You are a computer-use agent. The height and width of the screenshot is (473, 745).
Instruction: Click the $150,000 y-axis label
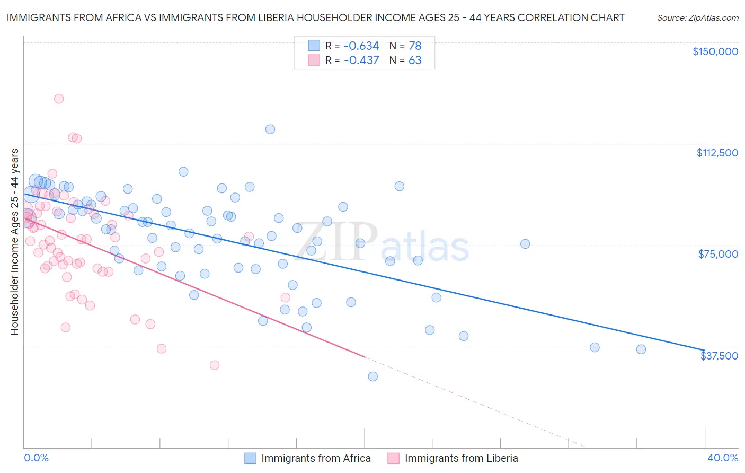click(x=715, y=51)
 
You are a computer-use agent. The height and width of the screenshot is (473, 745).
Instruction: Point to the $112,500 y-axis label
click(x=717, y=153)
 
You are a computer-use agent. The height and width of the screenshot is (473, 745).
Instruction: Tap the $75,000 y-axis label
click(x=718, y=254)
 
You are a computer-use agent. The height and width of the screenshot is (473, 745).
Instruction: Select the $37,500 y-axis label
click(x=719, y=356)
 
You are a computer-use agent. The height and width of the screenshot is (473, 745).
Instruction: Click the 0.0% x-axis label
click(x=36, y=458)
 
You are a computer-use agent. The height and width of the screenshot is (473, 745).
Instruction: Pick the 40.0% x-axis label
click(x=723, y=458)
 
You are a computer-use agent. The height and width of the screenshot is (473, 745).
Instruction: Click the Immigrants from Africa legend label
click(x=316, y=458)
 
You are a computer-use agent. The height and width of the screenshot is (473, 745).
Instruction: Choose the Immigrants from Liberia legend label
click(x=461, y=458)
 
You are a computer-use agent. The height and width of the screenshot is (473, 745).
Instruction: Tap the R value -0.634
click(x=361, y=46)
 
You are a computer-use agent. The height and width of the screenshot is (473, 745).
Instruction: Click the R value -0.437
click(x=361, y=60)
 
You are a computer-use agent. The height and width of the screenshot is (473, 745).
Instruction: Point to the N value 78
click(x=415, y=46)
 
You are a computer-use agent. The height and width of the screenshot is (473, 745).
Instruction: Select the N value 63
click(x=415, y=60)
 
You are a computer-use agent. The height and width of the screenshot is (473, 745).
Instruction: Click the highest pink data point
click(x=59, y=99)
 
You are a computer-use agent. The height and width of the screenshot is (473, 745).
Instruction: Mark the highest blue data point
click(x=270, y=129)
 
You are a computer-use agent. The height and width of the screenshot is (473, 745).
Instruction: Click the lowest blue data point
click(x=373, y=376)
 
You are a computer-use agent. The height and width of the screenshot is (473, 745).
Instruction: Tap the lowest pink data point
click(x=215, y=365)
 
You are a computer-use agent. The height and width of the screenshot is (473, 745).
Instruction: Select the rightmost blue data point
click(x=641, y=349)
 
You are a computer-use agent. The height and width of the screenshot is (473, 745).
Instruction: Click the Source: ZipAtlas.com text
click(x=697, y=17)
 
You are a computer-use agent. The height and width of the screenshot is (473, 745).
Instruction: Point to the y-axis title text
click(x=14, y=242)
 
